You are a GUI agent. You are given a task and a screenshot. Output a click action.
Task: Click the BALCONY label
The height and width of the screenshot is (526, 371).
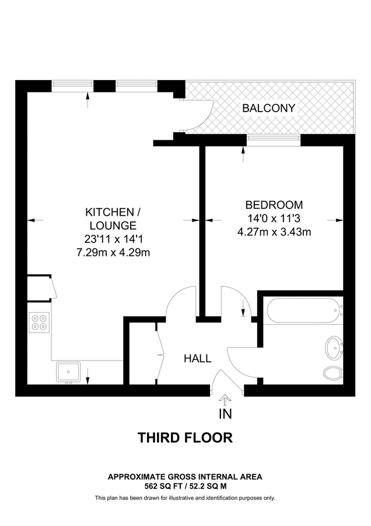[269, 108]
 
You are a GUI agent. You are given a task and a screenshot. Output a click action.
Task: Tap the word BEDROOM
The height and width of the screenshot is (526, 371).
[274, 205]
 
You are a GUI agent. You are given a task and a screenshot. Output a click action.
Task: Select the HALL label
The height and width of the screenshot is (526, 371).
[198, 358]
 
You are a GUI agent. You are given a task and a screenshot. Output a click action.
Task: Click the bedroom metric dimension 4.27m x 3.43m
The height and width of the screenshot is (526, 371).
[274, 231]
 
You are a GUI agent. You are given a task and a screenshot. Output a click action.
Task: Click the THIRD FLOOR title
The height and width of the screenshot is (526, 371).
[185, 438]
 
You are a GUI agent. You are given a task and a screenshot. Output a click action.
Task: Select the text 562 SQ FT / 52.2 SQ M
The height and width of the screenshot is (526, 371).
[185, 486]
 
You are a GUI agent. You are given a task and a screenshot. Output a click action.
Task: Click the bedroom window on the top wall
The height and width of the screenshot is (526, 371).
[274, 139]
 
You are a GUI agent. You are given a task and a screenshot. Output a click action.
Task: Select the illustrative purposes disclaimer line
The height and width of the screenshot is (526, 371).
[185, 498]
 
